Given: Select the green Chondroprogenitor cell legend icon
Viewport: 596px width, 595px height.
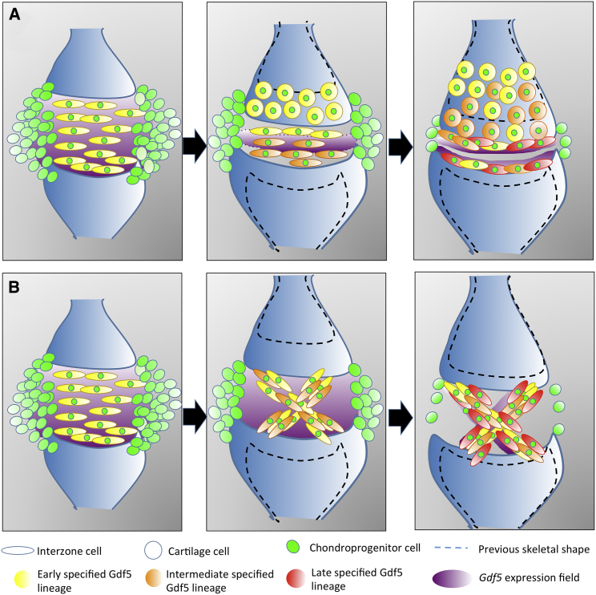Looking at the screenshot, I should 294,548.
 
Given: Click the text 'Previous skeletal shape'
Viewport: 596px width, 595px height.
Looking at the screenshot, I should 529,550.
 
